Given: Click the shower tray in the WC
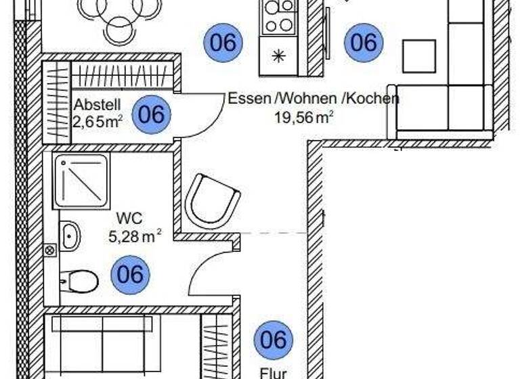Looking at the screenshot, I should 81,181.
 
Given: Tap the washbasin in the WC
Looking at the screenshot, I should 70,236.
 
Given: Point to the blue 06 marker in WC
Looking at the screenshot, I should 130,275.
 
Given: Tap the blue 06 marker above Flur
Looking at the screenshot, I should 274,340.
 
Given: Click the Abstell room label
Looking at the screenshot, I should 97,105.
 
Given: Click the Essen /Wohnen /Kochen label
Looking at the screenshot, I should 313,98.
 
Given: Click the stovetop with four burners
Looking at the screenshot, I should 278,16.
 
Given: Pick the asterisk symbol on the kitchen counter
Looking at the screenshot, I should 278,57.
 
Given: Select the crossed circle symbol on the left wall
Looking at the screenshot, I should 49,250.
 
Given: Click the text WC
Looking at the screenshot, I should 128,219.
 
